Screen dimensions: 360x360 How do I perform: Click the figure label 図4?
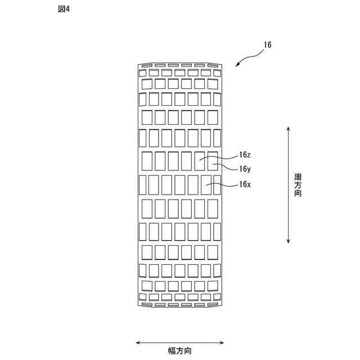(x=64, y=10)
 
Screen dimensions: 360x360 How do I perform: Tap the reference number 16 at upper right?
(x=267, y=45)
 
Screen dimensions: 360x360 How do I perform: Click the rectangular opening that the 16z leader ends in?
(x=200, y=161)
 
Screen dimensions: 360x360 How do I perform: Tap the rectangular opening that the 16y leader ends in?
(x=213, y=161)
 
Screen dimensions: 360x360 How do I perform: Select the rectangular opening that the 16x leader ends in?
(x=206, y=184)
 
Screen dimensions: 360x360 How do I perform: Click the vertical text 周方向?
(x=298, y=185)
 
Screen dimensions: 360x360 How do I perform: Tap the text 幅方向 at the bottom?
(x=180, y=351)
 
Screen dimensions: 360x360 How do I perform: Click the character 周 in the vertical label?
(x=298, y=177)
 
